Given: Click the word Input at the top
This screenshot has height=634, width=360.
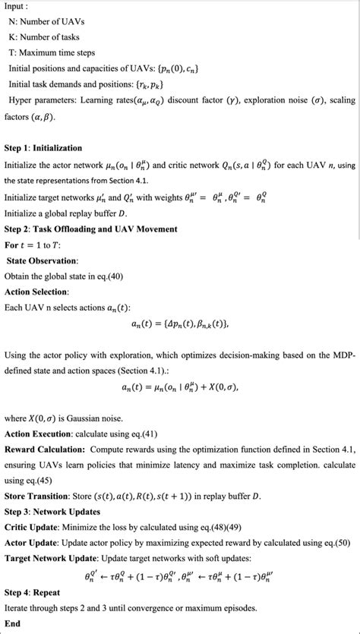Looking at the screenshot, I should click(17, 7).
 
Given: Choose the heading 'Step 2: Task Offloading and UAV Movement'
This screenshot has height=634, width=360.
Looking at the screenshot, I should click(90, 229).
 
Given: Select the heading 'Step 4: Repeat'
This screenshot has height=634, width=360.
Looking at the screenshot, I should click(33, 591).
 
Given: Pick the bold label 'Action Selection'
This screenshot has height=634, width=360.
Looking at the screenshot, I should click(36, 292).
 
